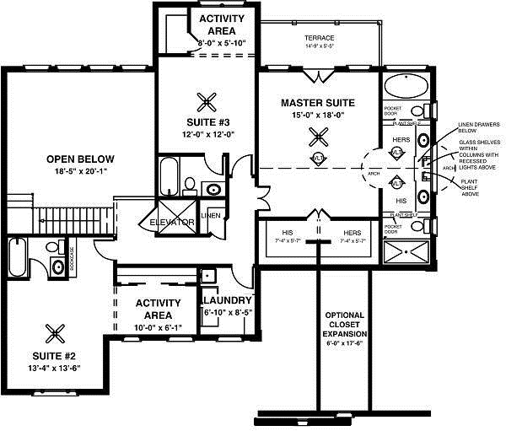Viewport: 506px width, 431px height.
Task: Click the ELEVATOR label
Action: pos(172,223)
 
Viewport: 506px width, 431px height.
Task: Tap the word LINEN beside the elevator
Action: pos(212,215)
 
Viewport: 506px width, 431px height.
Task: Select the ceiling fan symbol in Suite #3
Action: pos(206,103)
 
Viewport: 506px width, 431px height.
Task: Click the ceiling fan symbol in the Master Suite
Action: pos(318,135)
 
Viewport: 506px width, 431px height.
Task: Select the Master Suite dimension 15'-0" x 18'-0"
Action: pos(318,115)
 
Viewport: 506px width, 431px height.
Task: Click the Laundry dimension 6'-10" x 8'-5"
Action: pos(226,312)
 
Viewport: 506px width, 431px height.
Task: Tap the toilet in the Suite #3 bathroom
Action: pos(191,183)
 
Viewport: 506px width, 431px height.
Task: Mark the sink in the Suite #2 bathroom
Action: pos(57,267)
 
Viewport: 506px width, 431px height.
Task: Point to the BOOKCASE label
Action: pos(73,256)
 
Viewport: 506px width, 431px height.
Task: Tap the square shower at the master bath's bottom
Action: pos(405,251)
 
